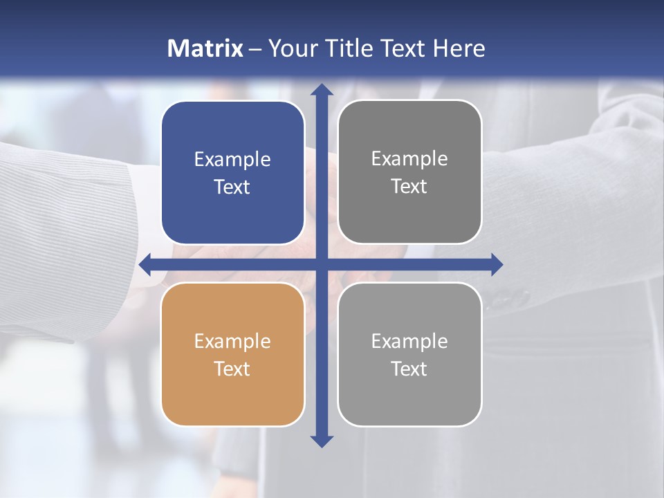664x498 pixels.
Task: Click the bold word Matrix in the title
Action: (x=205, y=48)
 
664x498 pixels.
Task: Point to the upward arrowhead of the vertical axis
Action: (x=322, y=90)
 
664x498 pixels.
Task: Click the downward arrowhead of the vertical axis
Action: (x=322, y=441)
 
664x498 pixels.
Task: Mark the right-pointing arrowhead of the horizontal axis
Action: (x=496, y=264)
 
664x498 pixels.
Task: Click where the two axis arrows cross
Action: (x=322, y=264)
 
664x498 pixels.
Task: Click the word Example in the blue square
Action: (x=232, y=160)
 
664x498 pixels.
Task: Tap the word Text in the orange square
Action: (x=232, y=369)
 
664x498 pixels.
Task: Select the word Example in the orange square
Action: (x=232, y=342)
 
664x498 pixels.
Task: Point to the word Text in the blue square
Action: (x=232, y=187)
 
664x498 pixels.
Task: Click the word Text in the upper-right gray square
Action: (x=409, y=186)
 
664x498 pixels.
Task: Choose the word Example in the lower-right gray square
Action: (x=409, y=341)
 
